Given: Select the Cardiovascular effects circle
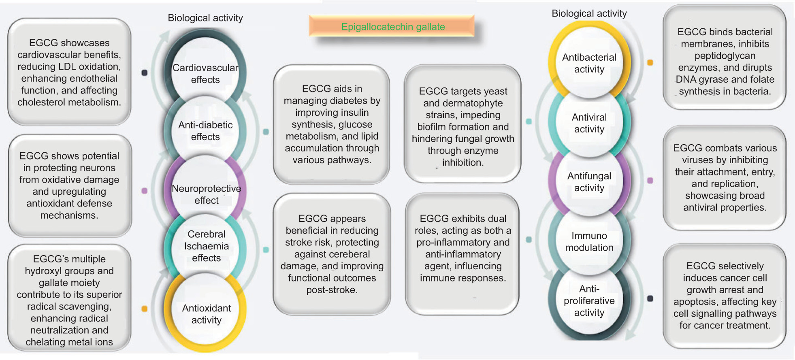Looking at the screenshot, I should point(205,74).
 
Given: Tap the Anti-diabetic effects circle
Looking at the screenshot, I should point(205,131).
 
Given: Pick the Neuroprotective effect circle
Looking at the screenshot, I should point(206,194).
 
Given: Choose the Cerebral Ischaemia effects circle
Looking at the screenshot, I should point(206,246).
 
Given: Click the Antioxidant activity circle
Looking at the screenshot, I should point(206,314).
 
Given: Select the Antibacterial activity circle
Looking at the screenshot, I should point(589,63).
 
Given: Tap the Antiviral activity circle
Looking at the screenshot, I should point(589,123).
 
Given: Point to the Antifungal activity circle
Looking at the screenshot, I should point(589,182).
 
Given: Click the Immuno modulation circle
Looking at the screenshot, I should point(589,242).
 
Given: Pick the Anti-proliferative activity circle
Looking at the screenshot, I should point(589,300).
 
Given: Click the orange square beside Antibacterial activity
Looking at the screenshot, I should point(650,62).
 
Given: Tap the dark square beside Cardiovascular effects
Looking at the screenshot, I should point(145,73).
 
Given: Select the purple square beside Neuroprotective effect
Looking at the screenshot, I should point(145,191).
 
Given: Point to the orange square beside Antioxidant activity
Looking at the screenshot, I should point(145,309).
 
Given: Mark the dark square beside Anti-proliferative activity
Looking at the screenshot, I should point(650,298).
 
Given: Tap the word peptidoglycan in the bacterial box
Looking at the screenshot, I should point(725,56).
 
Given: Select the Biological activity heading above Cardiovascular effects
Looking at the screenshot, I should point(205,18).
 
